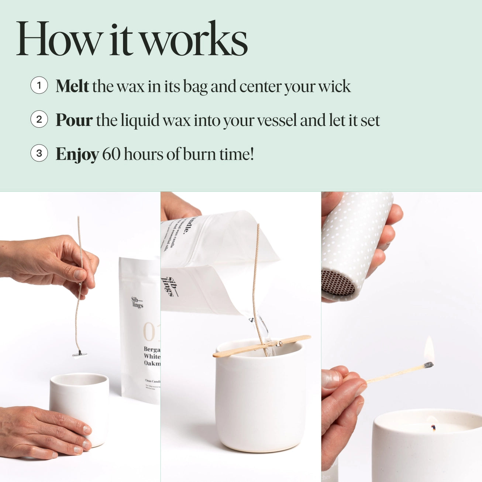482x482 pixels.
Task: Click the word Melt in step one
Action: pos(72,86)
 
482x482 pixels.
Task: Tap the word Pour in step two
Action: pos(74,120)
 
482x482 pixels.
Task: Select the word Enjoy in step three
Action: pos(77,154)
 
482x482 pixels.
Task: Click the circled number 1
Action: pos(39,86)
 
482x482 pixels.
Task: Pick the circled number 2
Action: pos(39,120)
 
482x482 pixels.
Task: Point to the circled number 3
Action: pos(39,153)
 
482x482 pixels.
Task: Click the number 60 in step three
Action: pos(111,154)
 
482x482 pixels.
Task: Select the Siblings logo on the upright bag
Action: pos(137,303)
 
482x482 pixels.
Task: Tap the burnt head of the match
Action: pos(428,365)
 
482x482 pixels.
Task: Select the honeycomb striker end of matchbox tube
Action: pos(338,282)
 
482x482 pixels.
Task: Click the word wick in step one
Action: pos(334,86)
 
